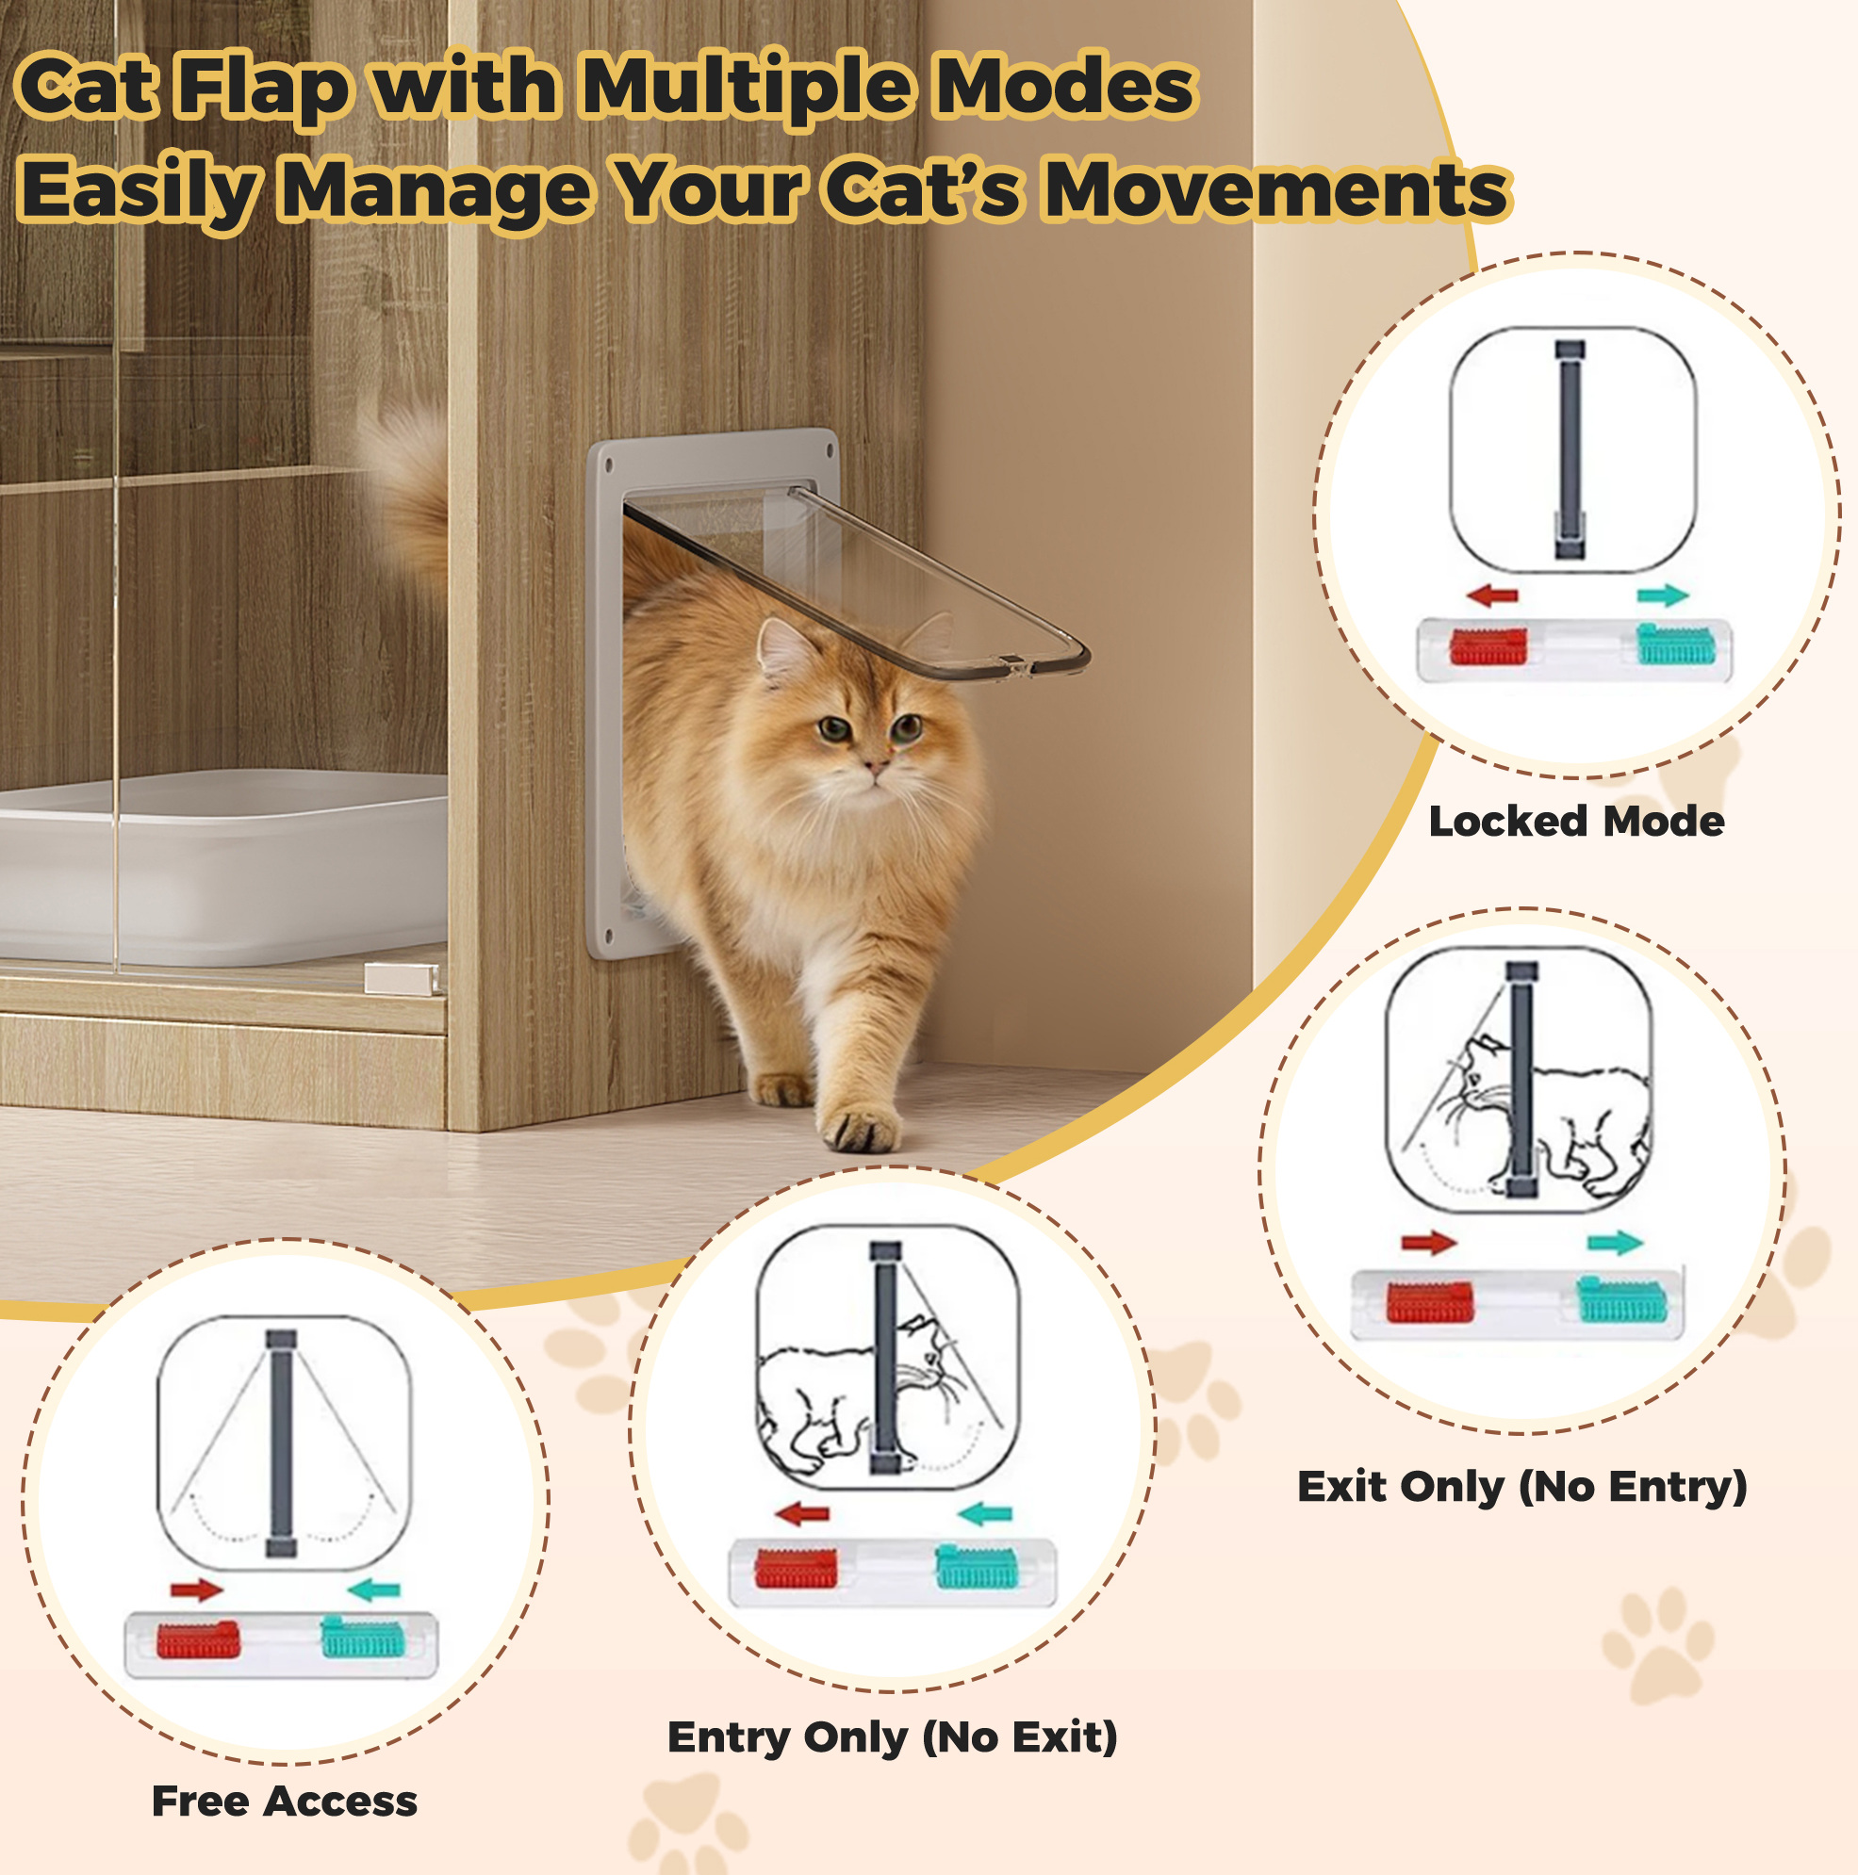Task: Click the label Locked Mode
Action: point(1576,822)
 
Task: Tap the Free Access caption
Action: point(285,1802)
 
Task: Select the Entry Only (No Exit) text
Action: point(892,1736)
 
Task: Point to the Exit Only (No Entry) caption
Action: point(1522,1486)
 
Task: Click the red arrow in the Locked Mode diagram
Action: point(1492,595)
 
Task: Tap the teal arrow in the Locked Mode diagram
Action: point(1663,595)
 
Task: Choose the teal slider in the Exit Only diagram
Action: point(1621,1299)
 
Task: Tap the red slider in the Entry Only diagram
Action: point(796,1569)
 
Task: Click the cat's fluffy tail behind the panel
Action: point(408,495)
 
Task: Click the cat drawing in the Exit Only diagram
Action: point(1543,1117)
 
